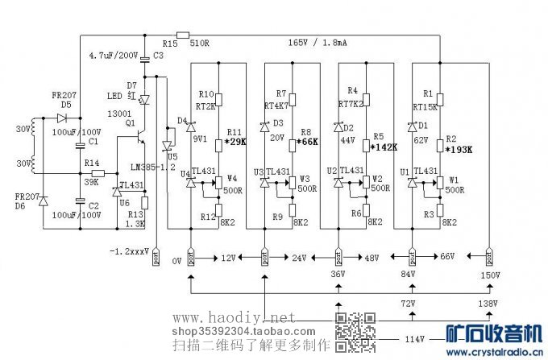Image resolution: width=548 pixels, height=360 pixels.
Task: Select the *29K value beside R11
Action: point(237,143)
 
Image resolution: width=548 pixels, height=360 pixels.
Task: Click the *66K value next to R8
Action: point(307,143)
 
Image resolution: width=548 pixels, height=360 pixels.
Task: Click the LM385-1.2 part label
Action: point(153,167)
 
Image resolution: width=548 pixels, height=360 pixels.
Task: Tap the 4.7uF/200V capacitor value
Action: point(113,57)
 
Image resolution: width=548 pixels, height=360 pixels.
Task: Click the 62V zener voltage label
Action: point(421,139)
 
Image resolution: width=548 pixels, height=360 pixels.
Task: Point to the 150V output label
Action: point(489,276)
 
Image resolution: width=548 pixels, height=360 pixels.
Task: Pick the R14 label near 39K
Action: point(92,163)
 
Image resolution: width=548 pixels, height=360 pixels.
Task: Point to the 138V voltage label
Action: point(488,304)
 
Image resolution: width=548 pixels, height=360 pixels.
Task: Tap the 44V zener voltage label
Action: point(347,139)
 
